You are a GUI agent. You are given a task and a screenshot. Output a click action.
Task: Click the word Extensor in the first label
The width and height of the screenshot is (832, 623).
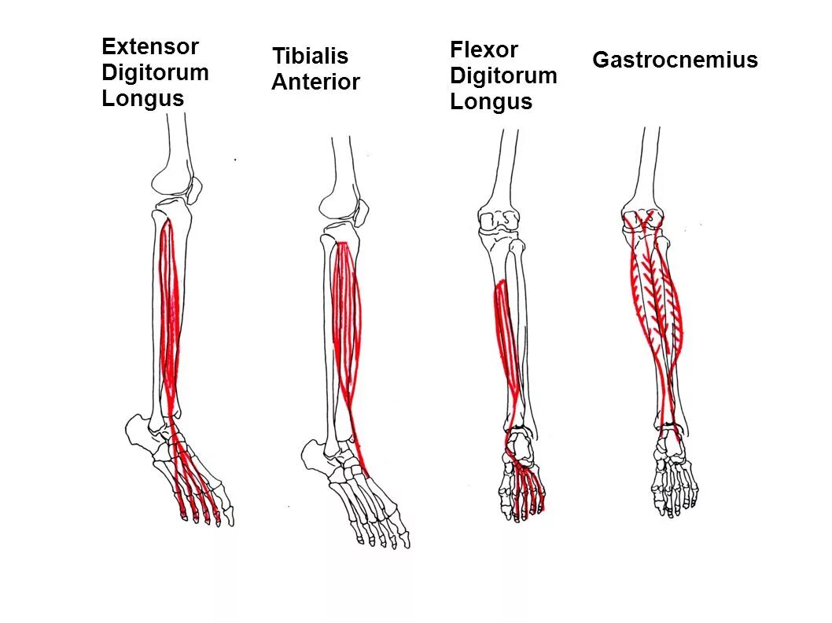click(x=150, y=47)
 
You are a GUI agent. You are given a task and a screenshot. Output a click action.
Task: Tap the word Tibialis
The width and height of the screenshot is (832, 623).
click(x=310, y=57)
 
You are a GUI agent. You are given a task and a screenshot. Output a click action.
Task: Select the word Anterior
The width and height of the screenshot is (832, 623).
click(x=315, y=82)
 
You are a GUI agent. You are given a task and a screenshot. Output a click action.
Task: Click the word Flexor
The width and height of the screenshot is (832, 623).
click(x=484, y=50)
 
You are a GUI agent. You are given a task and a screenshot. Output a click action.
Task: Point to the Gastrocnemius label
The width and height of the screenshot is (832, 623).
click(x=675, y=60)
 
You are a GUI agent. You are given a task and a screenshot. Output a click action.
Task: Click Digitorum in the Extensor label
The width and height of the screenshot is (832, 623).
click(x=155, y=73)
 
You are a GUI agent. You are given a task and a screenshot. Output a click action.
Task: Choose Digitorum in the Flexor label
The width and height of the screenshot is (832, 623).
click(x=503, y=76)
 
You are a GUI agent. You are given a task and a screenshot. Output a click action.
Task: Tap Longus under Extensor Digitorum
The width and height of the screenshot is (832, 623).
click(x=142, y=99)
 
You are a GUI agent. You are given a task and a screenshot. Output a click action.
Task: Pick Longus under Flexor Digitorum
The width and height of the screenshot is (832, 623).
click(x=491, y=102)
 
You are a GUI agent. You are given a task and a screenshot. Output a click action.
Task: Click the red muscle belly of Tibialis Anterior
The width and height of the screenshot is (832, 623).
click(x=346, y=314)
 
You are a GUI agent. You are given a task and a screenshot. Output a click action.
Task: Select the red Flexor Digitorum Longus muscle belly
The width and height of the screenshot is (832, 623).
click(x=506, y=338)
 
